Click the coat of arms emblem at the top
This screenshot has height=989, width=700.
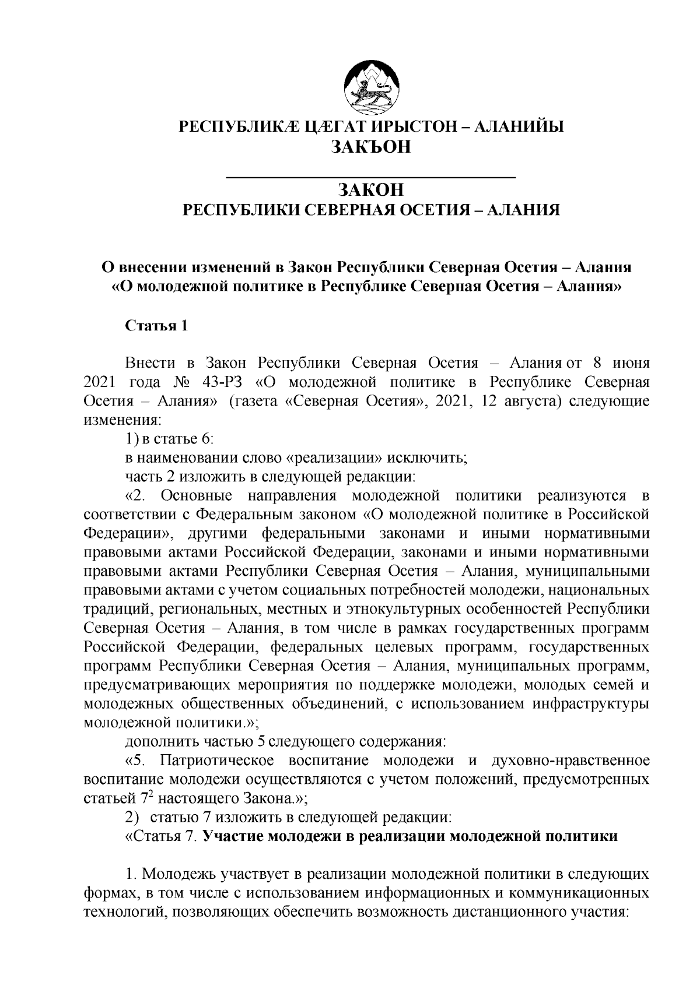click(371, 89)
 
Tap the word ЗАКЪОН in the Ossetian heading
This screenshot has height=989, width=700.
click(371, 147)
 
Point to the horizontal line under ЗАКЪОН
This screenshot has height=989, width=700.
click(371, 176)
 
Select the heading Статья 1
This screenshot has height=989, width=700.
click(157, 326)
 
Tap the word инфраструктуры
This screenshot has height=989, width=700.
click(590, 703)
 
